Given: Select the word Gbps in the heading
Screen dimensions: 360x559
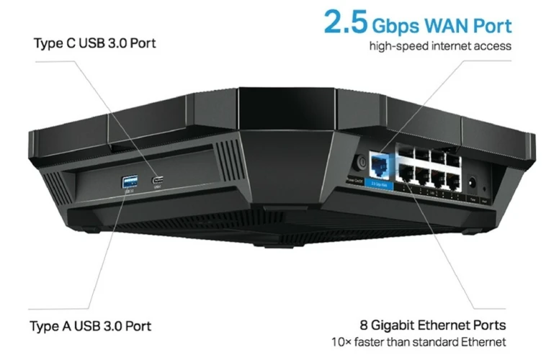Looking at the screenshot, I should click(393, 27).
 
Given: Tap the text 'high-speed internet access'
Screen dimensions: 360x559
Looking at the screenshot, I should click(440, 47).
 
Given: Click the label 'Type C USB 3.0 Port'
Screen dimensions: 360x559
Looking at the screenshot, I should click(95, 43).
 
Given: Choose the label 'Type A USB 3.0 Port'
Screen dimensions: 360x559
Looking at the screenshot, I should click(91, 325).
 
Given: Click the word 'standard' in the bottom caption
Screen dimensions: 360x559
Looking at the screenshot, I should click(459, 341).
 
